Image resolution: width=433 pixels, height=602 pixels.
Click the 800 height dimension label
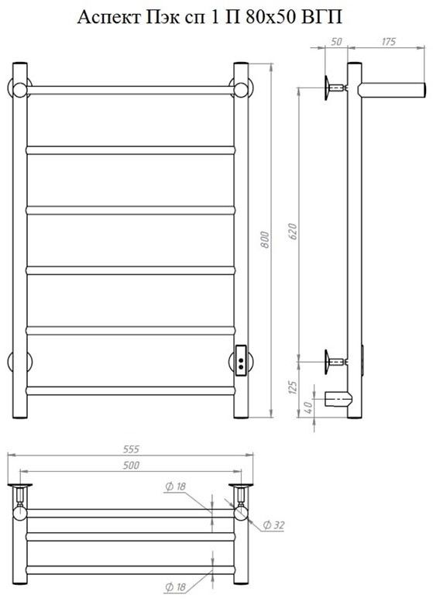(x=265, y=239)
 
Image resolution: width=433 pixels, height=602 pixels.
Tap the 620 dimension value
(x=292, y=231)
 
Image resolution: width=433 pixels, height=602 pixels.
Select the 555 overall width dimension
(x=131, y=449)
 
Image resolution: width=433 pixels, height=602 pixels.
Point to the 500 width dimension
(x=131, y=465)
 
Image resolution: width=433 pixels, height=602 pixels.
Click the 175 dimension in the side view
(x=389, y=42)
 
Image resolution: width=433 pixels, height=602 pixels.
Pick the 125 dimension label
(x=293, y=387)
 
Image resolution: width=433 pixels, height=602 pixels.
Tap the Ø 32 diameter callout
(x=273, y=525)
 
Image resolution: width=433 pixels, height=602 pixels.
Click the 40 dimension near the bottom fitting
(x=308, y=407)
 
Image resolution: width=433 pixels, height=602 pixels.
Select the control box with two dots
(x=241, y=361)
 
